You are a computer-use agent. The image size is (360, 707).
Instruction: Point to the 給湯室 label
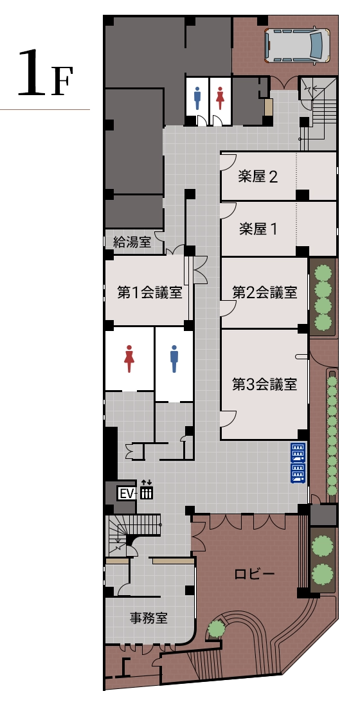coord(132,242)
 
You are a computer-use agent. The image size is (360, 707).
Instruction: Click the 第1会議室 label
coord(148,293)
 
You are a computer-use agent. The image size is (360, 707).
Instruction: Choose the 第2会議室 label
coord(264,293)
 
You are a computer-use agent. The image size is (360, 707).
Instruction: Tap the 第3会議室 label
coord(264,385)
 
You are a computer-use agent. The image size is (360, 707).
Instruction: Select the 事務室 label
coord(148,618)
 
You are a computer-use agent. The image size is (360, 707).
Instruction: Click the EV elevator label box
coord(126,494)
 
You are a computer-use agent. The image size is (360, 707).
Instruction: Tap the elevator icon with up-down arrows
coord(147,490)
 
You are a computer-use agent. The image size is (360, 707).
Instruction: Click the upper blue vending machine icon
coord(298,452)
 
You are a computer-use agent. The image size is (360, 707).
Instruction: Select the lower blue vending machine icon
coord(298,473)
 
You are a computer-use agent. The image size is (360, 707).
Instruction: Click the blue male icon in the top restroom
coord(197,98)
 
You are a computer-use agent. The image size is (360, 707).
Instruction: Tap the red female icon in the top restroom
coord(221,98)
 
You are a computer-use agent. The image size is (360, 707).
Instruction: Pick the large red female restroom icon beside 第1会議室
coord(129,359)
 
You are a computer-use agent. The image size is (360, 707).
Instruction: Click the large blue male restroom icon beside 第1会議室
coord(174,359)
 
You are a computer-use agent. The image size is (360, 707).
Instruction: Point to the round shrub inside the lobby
coord(217,628)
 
